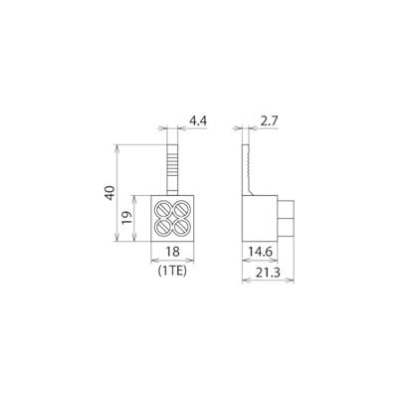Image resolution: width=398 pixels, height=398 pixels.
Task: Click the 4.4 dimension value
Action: point(198,121)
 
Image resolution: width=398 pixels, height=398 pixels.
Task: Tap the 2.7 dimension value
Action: point(269,121)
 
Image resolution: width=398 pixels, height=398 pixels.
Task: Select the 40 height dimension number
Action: point(109,193)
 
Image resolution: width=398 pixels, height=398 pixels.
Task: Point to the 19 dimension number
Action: point(126,218)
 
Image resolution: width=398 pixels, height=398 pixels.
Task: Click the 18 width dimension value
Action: point(173,252)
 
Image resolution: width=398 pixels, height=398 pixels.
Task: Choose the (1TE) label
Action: point(172,272)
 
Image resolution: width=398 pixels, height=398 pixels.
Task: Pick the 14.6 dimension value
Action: point(260,252)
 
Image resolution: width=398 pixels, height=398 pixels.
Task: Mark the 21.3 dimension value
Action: point(269,273)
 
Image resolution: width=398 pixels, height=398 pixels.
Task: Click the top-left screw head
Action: point(163,210)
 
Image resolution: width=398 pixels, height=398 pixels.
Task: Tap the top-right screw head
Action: point(181,210)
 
